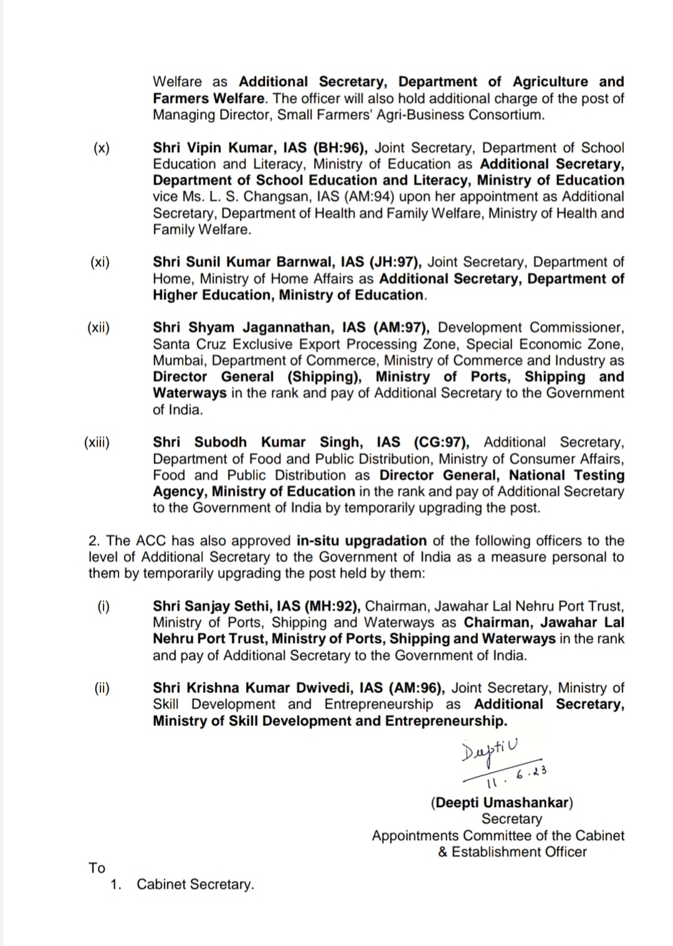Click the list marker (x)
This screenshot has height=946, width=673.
101,148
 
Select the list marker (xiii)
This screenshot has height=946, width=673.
97,442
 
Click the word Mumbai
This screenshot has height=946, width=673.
179,361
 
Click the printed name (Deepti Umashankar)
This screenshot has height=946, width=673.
502,803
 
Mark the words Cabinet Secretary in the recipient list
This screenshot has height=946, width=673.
195,885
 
